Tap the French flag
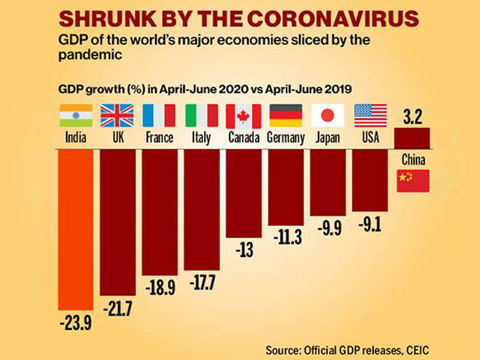159,116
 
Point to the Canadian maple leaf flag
243,116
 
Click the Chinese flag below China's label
413,181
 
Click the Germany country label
285,138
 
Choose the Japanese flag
328,116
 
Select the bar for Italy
202,208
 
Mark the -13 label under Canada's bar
244,250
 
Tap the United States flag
371,116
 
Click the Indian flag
76,116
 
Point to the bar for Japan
328,182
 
